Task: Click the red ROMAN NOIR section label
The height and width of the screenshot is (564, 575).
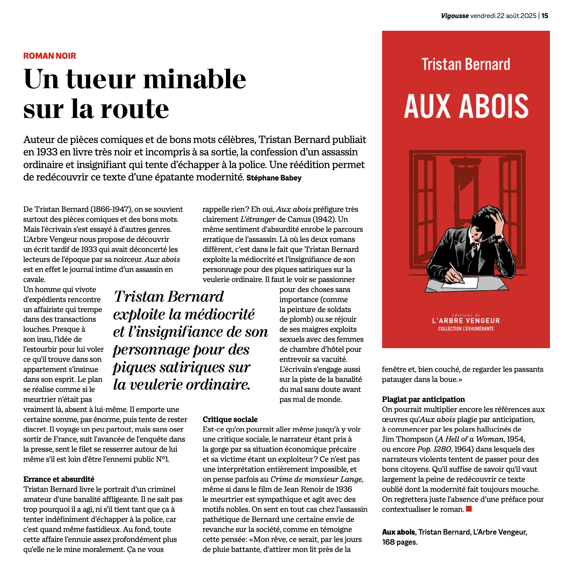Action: click(x=49, y=56)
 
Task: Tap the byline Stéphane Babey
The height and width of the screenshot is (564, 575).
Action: click(x=274, y=178)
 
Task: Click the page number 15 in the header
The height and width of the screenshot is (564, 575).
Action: click(x=545, y=16)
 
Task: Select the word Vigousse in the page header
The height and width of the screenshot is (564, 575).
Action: click(x=455, y=16)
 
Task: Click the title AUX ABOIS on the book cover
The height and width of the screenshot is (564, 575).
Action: click(x=466, y=106)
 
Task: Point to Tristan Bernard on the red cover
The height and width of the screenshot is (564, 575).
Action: click(x=466, y=64)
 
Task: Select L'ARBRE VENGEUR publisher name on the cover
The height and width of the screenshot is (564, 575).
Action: click(x=466, y=321)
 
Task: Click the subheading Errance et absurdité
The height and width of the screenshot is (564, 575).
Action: click(x=59, y=479)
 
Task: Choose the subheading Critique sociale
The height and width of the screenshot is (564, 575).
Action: click(x=230, y=419)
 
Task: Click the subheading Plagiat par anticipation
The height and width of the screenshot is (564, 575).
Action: click(x=423, y=399)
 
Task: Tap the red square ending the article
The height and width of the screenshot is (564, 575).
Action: click(x=469, y=509)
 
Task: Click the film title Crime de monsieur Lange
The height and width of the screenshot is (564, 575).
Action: click(x=316, y=479)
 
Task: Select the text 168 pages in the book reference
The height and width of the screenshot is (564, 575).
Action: click(x=400, y=542)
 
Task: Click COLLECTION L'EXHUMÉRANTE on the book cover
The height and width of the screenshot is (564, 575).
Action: click(x=466, y=329)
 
